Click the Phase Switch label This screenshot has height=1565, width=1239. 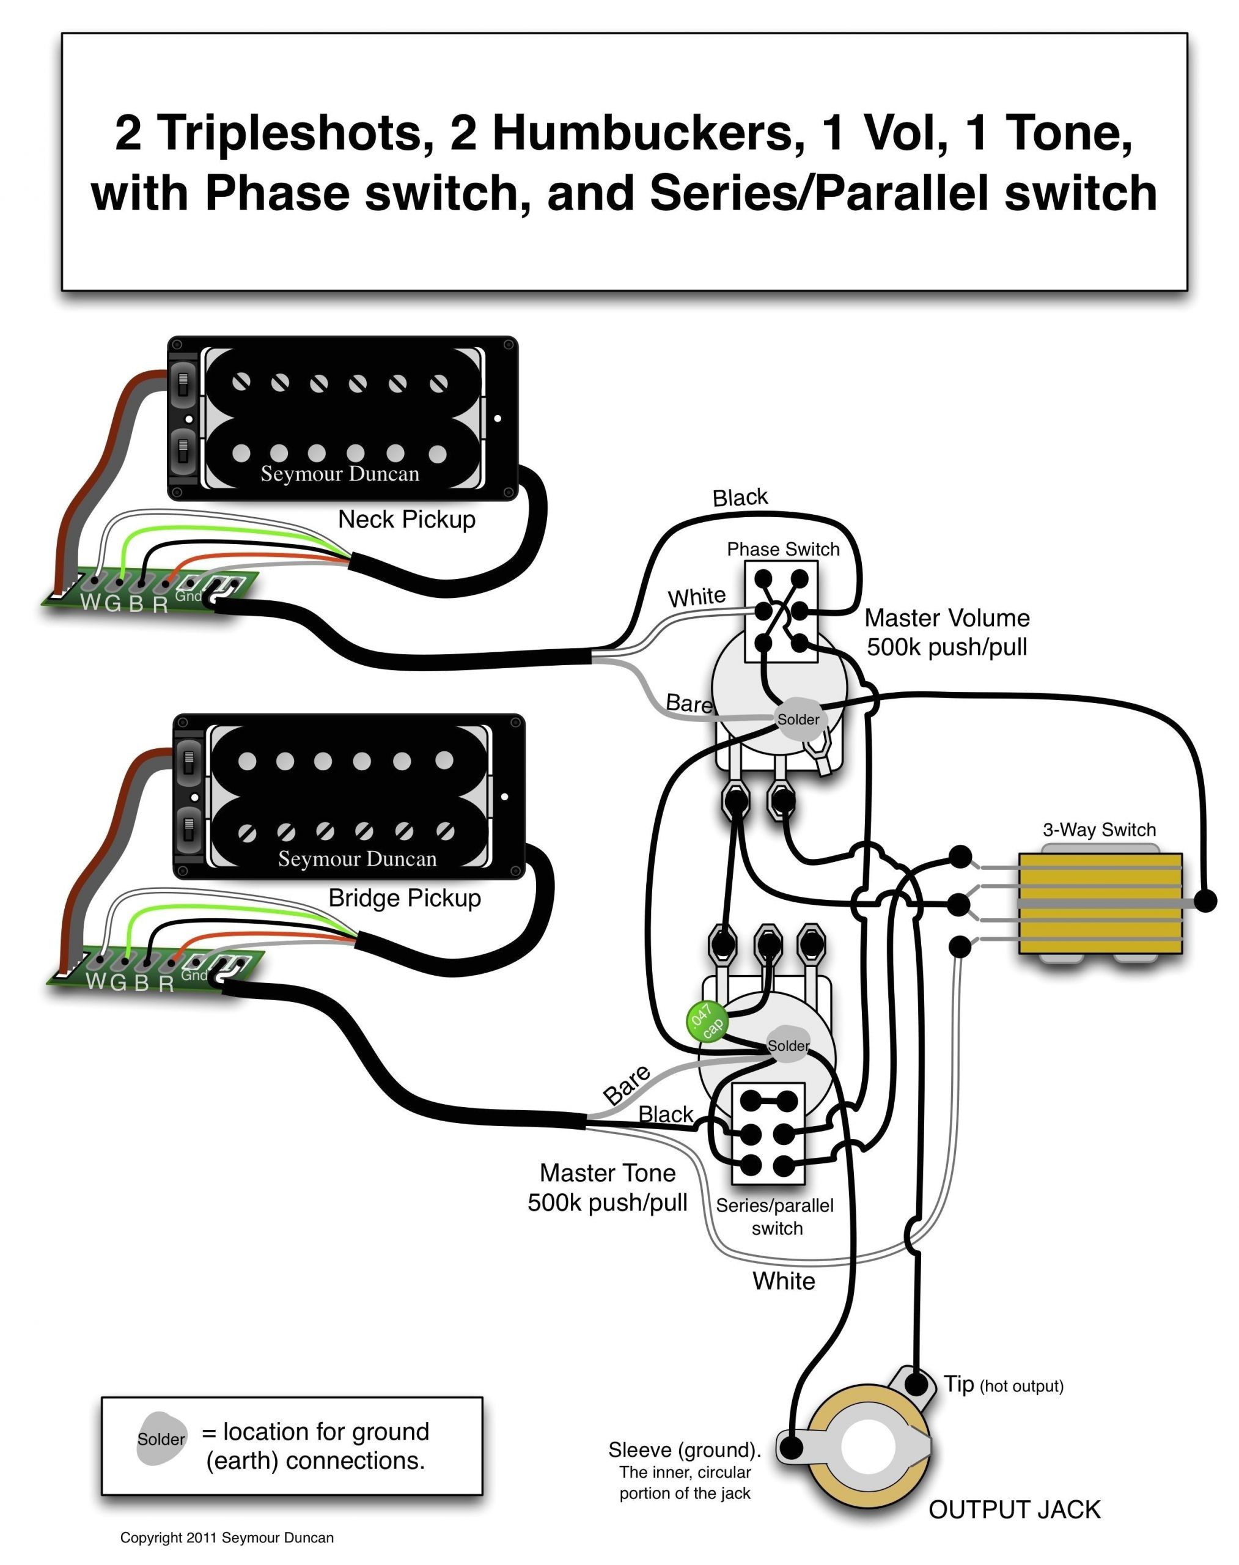pyautogui.click(x=783, y=549)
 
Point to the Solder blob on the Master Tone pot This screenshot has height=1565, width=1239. pyautogui.click(x=789, y=1045)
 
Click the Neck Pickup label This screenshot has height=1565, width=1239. pyautogui.click(x=406, y=520)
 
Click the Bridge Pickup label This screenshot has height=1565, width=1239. pyautogui.click(x=404, y=898)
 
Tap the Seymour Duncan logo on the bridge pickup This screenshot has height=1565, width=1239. pyautogui.click(x=357, y=859)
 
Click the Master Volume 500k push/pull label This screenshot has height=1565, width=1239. pyautogui.click(x=947, y=632)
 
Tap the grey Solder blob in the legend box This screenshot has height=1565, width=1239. pyautogui.click(x=161, y=1438)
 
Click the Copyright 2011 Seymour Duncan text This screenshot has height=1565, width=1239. pyautogui.click(x=226, y=1537)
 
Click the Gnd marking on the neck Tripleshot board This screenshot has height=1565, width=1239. pyautogui.click(x=188, y=597)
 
